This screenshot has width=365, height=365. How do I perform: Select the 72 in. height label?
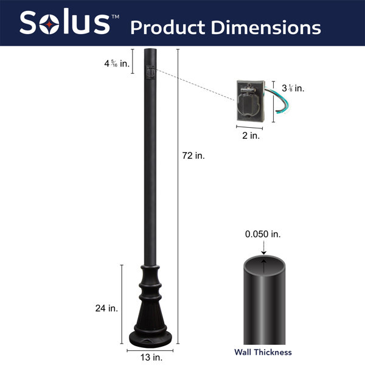point(193,156)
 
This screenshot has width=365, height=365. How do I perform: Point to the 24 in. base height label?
point(106,308)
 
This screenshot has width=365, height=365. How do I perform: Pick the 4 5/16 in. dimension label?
point(116,63)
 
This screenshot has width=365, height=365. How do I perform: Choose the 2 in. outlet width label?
point(251,136)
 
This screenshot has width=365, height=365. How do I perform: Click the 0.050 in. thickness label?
point(263,234)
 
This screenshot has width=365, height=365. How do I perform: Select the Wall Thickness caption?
point(263,352)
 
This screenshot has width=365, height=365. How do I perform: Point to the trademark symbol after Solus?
point(116,14)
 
